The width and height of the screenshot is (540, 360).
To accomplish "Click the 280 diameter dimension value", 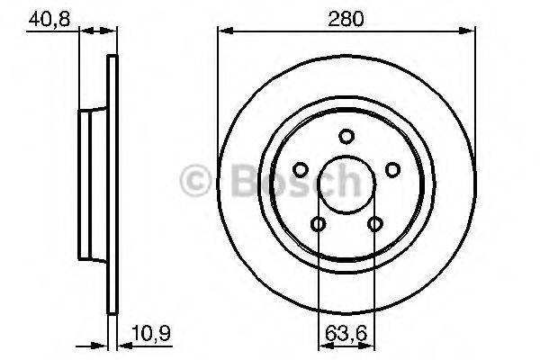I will click(346, 17).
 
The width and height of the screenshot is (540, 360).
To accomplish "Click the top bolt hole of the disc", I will click(346, 136).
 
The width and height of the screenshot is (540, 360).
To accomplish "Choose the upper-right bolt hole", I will click(391, 169).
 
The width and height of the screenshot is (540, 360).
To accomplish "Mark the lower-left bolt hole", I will click(318, 224).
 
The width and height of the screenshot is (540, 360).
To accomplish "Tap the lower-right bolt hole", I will click(373, 224).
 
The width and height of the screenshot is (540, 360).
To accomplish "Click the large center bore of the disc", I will click(346, 184).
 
